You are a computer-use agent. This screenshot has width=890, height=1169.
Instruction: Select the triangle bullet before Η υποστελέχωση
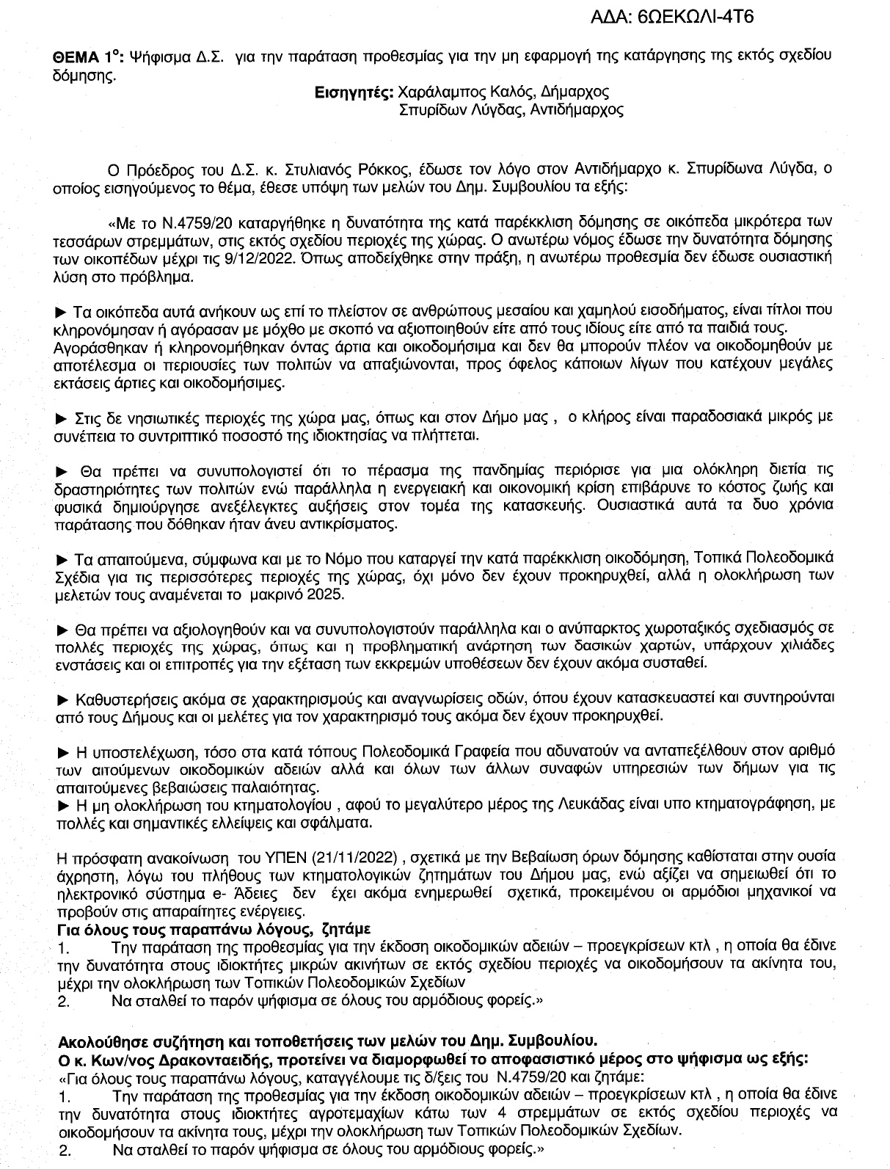(x=62, y=751)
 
